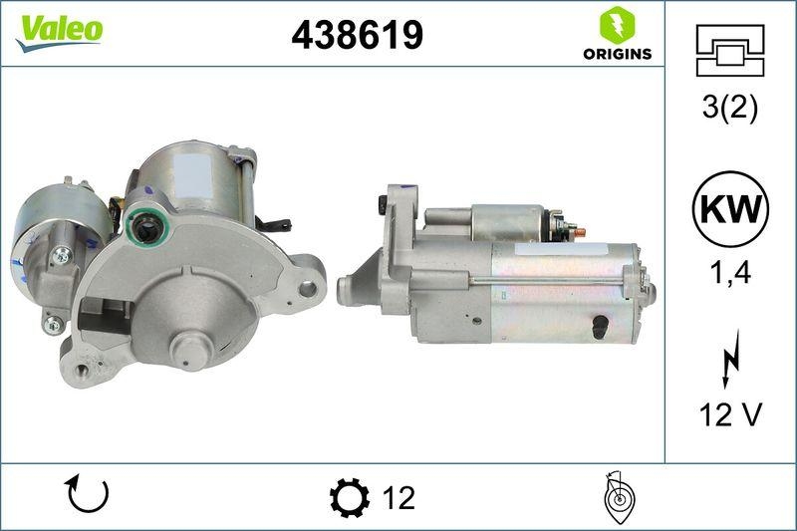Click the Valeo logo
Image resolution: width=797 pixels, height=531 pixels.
coord(59,30)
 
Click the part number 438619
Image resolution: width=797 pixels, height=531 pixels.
coord(357,35)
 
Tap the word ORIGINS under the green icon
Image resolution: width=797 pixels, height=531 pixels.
coord(618,54)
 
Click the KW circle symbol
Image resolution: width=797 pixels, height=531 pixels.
coord(729,210)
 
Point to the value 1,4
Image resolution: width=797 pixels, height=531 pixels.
coord(729,274)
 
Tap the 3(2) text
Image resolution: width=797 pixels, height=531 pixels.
coord(729,108)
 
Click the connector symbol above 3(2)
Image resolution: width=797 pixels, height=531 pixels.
coord(729,50)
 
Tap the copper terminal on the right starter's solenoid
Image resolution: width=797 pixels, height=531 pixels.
coord(581,232)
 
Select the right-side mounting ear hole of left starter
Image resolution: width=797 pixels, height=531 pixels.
coord(308,288)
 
